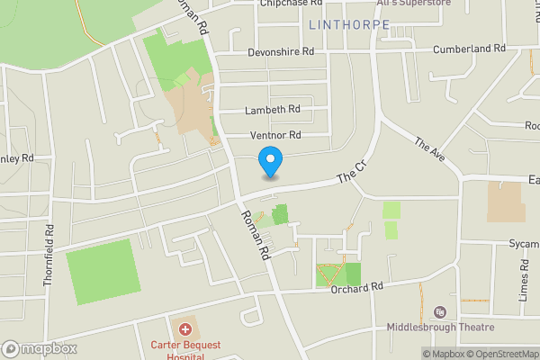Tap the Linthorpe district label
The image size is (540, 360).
click(x=349, y=24)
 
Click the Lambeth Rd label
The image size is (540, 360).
click(x=273, y=110)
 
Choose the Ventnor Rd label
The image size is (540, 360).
click(x=274, y=135)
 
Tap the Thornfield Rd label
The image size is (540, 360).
click(x=49, y=260)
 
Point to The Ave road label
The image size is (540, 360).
click(x=429, y=152)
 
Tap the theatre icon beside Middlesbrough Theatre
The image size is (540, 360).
click(x=440, y=311)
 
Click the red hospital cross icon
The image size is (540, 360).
click(x=185, y=330)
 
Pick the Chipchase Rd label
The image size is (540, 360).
click(x=292, y=4)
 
